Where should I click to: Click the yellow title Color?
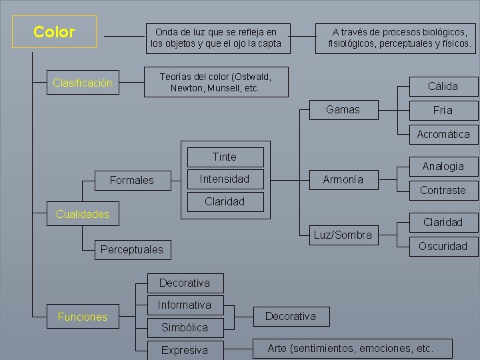54,32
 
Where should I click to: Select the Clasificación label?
83,83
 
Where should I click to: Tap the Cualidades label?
83,214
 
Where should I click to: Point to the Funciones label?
83,317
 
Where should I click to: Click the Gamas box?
343,109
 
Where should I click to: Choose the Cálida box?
443,86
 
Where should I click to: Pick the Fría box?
443,110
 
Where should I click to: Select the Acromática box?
443,134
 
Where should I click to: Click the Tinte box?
224,157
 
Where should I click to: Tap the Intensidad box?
224,179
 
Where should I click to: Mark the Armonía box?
343,179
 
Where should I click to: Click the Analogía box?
443,166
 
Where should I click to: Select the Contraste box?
443,190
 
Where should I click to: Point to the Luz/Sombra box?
343,235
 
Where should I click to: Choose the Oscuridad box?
443,246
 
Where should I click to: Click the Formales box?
131,180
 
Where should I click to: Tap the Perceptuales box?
131,250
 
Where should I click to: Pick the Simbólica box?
184,327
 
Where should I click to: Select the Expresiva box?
184,350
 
